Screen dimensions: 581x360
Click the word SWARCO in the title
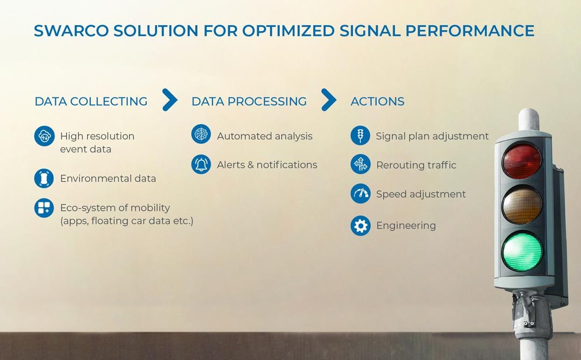[71, 31]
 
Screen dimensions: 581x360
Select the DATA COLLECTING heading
[91, 101]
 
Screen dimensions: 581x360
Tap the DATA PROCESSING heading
[249, 101]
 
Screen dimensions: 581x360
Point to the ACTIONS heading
[377, 101]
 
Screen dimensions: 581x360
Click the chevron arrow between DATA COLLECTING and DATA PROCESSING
[170, 100]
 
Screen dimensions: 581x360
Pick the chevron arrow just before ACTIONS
[329, 100]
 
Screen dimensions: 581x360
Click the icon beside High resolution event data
[45, 136]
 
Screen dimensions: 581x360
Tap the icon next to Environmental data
[44, 178]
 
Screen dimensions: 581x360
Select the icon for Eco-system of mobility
[44, 208]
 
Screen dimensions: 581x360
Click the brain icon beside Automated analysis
[201, 134]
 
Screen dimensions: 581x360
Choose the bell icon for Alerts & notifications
[201, 164]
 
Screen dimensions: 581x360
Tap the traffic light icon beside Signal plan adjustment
[360, 135]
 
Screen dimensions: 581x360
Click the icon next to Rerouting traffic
[360, 164]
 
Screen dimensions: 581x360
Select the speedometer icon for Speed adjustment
[360, 194]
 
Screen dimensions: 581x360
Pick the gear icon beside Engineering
[360, 225]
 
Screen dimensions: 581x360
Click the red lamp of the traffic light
[521, 161]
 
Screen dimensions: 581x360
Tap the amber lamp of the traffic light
[522, 205]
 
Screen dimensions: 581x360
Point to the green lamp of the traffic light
[522, 251]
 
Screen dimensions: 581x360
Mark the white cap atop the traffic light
[529, 119]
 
